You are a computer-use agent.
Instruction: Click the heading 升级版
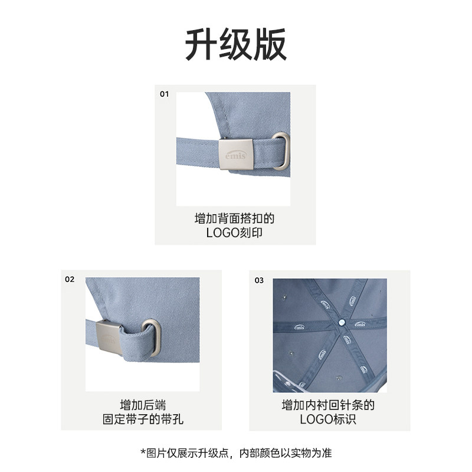tap(235, 45)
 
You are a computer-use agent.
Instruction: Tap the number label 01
tap(164, 94)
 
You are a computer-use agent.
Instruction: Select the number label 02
tap(70, 279)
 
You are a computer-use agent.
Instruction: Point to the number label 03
tap(259, 281)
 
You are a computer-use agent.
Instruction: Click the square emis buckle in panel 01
tap(235, 154)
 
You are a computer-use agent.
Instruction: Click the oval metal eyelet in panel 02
tap(152, 338)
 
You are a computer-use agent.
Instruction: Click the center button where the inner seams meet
tap(342, 322)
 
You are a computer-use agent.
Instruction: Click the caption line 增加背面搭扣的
tap(234, 218)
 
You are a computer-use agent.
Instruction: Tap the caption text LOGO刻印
tap(234, 232)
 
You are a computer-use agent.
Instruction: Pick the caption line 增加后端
tap(143, 405)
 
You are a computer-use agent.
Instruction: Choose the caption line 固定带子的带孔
tap(143, 419)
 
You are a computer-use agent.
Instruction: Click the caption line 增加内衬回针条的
tap(328, 405)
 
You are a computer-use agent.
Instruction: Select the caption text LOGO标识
tap(328, 419)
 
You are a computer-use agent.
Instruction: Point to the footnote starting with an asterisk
tap(237, 453)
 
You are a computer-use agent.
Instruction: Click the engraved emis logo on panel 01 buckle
tap(235, 155)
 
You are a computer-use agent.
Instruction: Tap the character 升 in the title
tap(201, 45)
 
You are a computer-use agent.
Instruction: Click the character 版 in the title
tap(270, 45)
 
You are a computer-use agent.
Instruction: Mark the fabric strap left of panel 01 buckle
tap(198, 152)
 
